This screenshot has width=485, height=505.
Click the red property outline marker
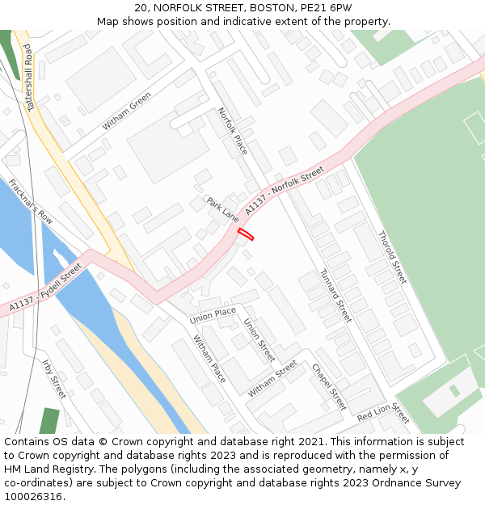(246, 234)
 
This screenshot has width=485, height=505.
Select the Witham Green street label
(127, 112)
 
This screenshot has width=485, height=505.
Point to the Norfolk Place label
(233, 131)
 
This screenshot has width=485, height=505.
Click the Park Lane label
(222, 209)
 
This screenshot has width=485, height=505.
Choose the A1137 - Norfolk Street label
(284, 191)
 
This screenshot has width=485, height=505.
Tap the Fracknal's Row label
(31, 202)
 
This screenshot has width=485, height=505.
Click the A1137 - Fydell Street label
(46, 288)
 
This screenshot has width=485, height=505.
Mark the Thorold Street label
(393, 257)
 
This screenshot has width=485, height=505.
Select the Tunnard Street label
(335, 296)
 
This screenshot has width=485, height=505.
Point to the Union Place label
(213, 316)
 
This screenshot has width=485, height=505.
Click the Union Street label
(259, 339)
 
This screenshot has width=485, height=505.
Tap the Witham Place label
(209, 359)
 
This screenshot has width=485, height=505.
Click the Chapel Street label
(329, 386)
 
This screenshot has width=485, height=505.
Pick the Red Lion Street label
(383, 413)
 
